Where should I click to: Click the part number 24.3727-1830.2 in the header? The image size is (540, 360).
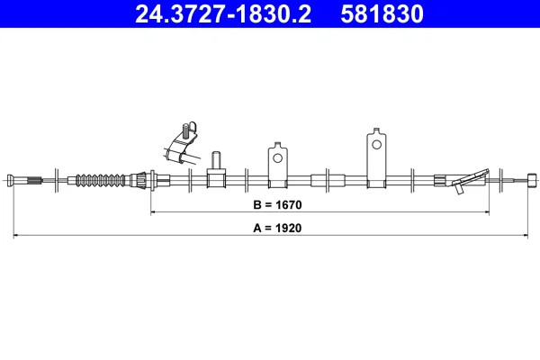pos(223,14)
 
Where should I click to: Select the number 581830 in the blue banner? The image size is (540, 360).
pos(382,14)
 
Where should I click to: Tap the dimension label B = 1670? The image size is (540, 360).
pos(277,205)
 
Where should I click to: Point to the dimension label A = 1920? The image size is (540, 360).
pos(277,228)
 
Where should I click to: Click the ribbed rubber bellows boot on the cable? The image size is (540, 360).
pos(101,180)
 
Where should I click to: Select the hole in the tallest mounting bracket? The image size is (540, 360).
pos(377,144)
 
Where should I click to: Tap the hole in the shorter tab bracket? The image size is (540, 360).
pos(277,158)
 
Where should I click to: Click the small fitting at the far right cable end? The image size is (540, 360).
pos(532,180)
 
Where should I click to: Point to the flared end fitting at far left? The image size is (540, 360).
pos(11,180)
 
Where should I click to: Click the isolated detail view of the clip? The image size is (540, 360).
pos(183,142)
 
